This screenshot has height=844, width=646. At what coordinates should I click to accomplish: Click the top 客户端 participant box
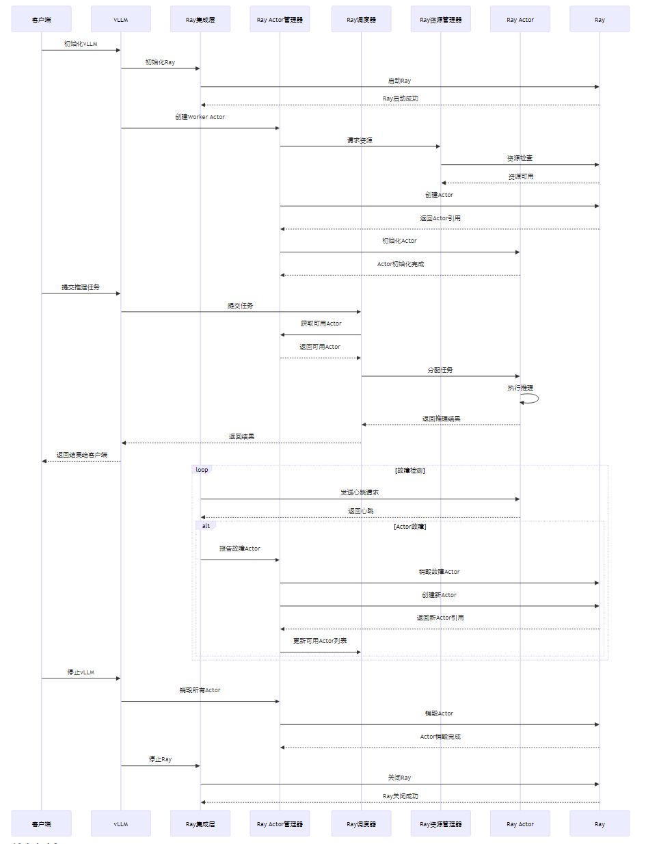point(41,19)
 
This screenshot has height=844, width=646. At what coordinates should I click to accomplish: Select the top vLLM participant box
point(120,19)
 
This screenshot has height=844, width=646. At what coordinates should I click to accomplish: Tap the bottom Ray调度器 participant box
point(361,823)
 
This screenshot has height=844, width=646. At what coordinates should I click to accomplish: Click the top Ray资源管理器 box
point(440,19)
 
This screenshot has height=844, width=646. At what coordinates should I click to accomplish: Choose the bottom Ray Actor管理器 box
point(280,823)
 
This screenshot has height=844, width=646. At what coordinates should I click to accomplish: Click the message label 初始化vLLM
point(81,44)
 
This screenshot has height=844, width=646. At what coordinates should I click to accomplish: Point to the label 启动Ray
point(399,81)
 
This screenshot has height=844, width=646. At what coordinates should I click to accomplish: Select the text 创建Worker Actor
point(200,117)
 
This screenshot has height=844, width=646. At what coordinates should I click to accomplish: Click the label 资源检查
point(520,158)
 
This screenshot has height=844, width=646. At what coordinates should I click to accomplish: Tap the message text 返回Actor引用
point(440,218)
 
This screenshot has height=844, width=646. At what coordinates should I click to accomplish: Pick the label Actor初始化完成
point(401,264)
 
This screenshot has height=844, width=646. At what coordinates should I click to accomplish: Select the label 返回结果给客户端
point(81,455)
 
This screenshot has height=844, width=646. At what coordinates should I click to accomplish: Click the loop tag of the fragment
point(202,470)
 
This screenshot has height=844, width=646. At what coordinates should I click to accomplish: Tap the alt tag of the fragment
point(206,526)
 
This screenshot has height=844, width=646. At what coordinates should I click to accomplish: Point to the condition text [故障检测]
point(409,471)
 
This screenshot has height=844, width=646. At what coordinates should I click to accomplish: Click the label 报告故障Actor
point(239,549)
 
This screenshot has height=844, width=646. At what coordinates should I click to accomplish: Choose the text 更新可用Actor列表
point(320,641)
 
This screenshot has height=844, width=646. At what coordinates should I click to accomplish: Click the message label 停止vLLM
point(81,672)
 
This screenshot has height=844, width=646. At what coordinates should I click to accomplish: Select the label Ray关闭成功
point(400,796)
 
